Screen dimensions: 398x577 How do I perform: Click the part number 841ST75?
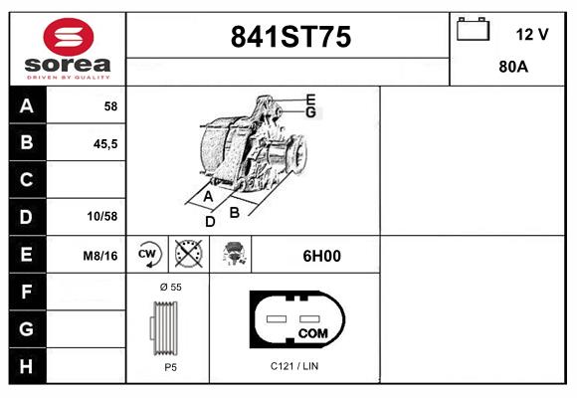(x=289, y=37)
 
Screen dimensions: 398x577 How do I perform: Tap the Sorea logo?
(x=68, y=49)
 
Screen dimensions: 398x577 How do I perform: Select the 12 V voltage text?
(x=532, y=34)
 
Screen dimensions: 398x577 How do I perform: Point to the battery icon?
(x=473, y=30)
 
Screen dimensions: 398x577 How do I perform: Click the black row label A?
(x=27, y=105)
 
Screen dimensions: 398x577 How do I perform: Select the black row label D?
(x=27, y=217)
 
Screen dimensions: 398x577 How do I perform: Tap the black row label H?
(x=27, y=365)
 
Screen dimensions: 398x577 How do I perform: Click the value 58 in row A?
(x=109, y=106)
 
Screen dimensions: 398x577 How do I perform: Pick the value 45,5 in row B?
(x=104, y=143)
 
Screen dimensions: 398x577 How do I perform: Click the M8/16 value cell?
(x=100, y=256)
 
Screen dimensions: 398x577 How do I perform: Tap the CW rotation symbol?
(x=148, y=255)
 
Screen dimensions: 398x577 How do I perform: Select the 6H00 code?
(x=321, y=256)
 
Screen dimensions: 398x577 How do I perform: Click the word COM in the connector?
(x=313, y=332)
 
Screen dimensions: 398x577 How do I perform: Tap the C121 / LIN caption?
(x=294, y=366)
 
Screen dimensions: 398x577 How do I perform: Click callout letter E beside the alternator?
(x=310, y=99)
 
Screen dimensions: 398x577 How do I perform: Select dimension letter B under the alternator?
(x=235, y=211)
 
